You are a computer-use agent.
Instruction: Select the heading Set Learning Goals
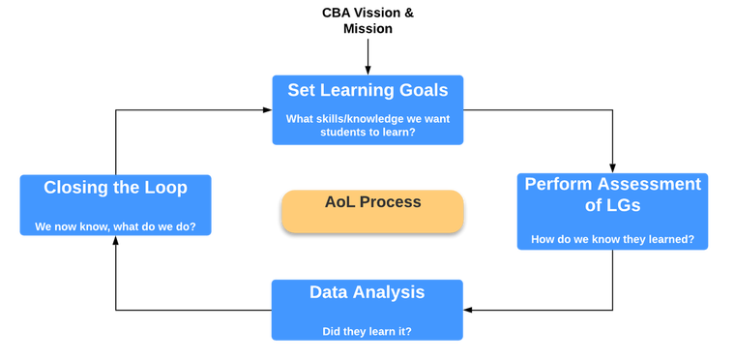point(367,90)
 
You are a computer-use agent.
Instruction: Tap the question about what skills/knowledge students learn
point(367,126)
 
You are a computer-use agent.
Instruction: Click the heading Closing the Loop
point(115,188)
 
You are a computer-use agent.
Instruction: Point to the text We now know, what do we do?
point(115,227)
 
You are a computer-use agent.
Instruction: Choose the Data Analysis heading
point(367,292)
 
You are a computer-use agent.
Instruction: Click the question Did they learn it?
point(367,331)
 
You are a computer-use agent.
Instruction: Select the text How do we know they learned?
point(612,239)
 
